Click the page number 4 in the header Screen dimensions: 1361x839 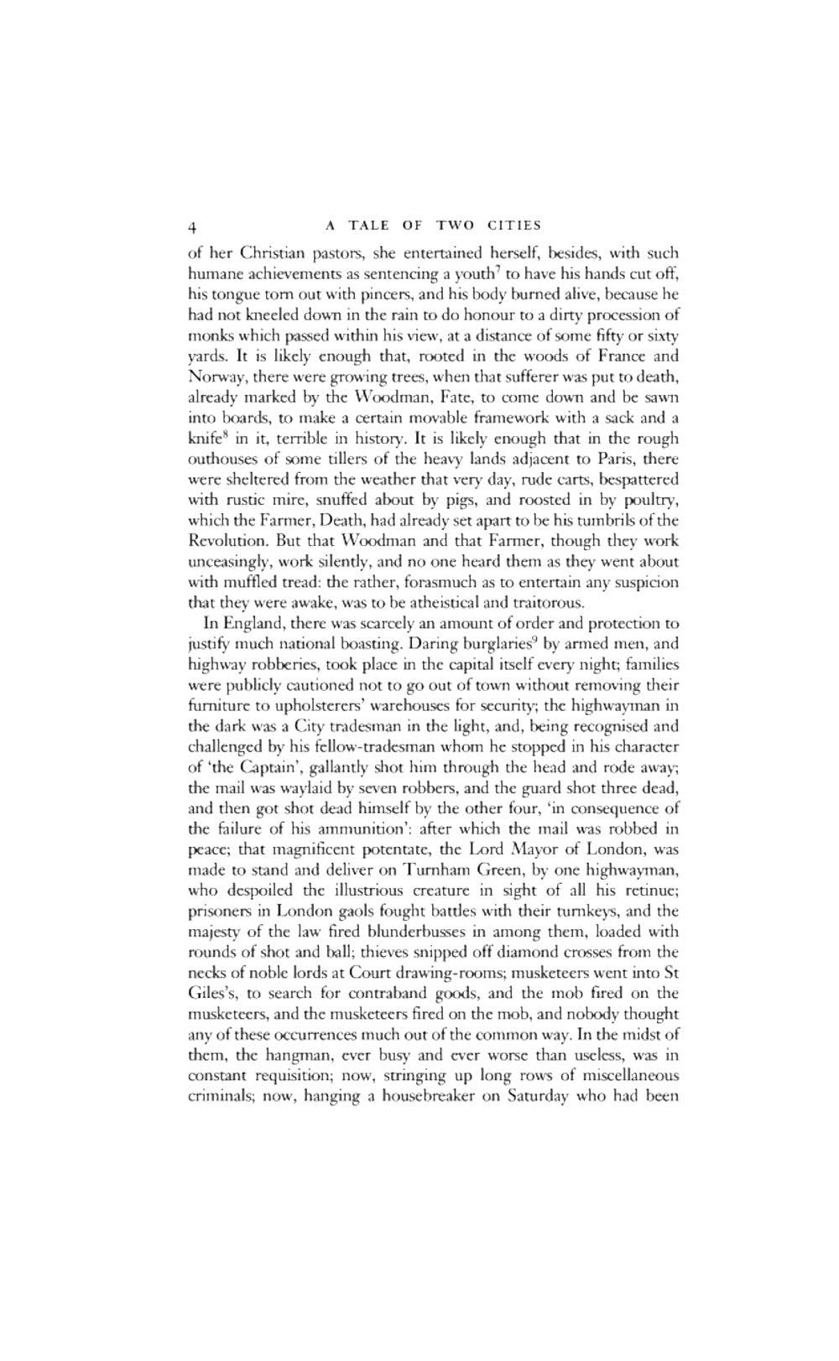192,226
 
